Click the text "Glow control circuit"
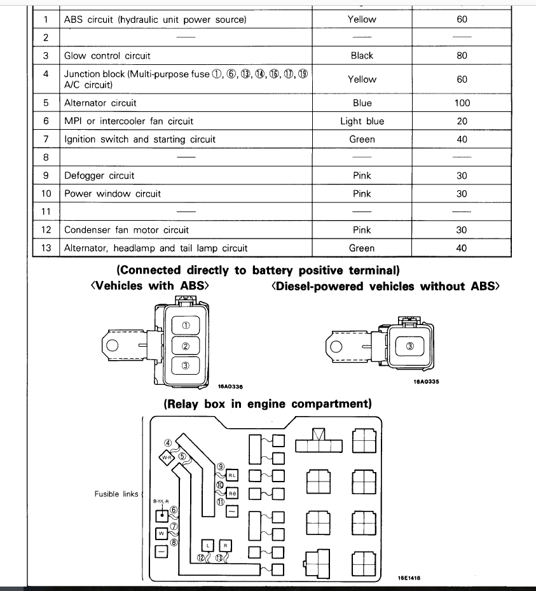[107, 56]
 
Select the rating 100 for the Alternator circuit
[462, 103]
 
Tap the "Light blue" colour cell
[362, 121]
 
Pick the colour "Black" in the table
[362, 56]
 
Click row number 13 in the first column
[46, 248]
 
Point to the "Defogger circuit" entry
[99, 176]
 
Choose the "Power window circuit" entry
[113, 194]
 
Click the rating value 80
[462, 56]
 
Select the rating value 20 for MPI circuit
[462, 121]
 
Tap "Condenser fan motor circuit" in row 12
[127, 230]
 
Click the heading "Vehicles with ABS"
[150, 286]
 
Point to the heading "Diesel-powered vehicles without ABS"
[385, 286]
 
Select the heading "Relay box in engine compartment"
[268, 404]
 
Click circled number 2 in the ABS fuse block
[186, 345]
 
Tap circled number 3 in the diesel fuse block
[410, 346]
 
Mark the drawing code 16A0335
[426, 382]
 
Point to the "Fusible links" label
[116, 494]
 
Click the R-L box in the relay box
[231, 475]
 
